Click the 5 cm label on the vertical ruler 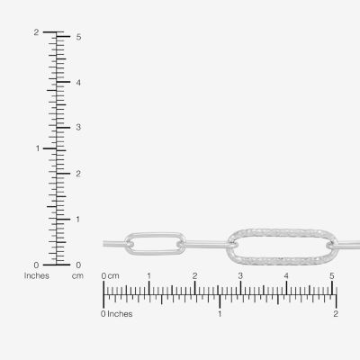(x=78, y=37)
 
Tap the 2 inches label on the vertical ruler (x=36, y=32)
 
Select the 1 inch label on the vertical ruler (x=38, y=148)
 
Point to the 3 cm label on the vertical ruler (x=78, y=127)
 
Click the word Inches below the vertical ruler (x=37, y=275)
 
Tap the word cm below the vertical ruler (x=77, y=275)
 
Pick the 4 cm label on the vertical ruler (x=78, y=83)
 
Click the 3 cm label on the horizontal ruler (x=240, y=276)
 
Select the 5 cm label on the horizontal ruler (x=332, y=276)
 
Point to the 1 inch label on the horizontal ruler (x=220, y=314)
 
